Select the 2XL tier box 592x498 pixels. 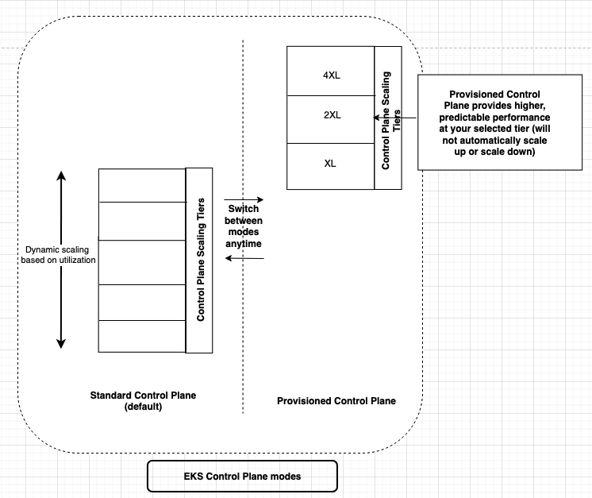330,115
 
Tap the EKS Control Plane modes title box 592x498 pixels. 242,477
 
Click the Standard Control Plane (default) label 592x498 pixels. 143,401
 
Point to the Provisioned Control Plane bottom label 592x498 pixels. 336,401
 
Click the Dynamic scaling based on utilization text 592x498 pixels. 59,255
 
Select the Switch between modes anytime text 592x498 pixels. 243,226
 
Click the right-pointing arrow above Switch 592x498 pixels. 243,199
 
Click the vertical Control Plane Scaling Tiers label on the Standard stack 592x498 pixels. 200,260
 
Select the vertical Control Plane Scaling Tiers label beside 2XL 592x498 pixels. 386,118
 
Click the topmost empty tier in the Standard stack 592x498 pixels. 142,185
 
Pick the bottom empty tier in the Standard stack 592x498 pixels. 142,336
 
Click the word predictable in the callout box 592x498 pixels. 456,117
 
